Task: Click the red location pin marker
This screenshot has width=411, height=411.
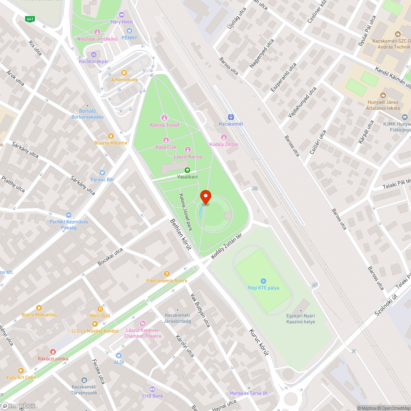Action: [205, 198]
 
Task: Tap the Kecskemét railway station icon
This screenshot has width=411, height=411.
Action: [231, 117]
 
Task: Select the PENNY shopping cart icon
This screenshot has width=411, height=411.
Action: [130, 31]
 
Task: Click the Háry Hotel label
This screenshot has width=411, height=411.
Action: [122, 21]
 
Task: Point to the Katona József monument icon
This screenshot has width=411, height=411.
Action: [164, 118]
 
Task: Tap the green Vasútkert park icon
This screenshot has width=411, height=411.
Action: [187, 170]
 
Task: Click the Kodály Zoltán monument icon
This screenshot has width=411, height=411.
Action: [224, 137]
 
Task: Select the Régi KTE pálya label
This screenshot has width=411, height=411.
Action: [263, 288]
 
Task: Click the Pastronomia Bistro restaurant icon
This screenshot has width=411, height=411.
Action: [167, 274]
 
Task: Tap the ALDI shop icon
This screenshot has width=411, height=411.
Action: [119, 356]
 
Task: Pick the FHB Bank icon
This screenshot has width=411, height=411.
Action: [152, 389]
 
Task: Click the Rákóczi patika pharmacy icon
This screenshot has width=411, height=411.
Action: [53, 352]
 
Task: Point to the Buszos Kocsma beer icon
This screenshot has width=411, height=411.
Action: [111, 136]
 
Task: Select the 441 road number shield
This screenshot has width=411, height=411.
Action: [30, 19]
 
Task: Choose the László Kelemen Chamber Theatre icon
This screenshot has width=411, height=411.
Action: [143, 324]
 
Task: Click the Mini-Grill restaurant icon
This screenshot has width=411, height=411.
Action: [100, 309]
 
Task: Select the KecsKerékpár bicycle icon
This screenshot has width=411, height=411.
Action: [94, 54]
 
